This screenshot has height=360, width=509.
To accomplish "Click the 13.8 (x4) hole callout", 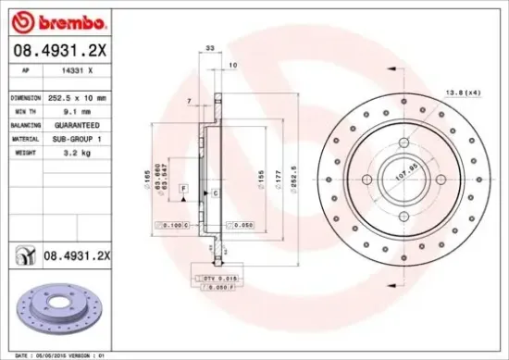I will [464, 93].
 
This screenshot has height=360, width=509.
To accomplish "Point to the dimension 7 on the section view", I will [189, 100].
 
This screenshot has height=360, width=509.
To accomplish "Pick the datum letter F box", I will [184, 189].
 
